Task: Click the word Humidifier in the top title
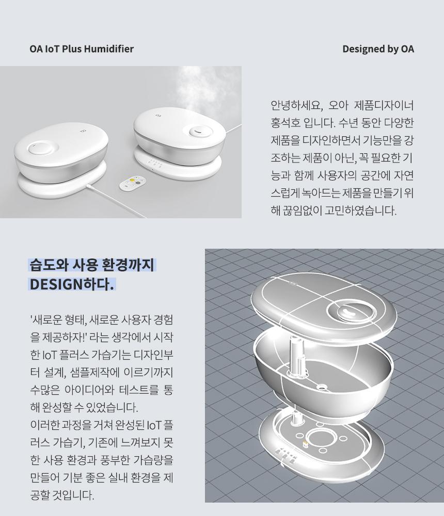click(109, 49)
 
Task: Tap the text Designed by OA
click(378, 49)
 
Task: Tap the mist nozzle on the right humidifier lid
click(199, 131)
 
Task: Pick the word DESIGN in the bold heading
click(56, 284)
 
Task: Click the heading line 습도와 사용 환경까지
click(92, 265)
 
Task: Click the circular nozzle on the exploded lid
click(350, 311)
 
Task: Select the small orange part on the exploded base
click(305, 444)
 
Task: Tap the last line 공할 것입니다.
click(62, 495)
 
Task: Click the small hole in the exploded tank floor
click(320, 386)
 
